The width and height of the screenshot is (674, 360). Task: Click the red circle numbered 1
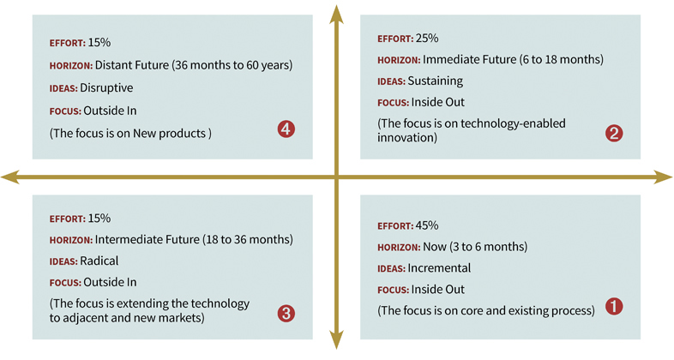[614, 306]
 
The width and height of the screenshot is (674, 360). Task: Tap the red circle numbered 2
[614, 133]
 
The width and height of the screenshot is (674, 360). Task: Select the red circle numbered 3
[286, 314]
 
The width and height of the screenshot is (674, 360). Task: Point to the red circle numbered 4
[286, 129]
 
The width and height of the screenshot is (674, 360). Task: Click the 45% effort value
[427, 225]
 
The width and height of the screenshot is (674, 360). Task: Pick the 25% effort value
[427, 39]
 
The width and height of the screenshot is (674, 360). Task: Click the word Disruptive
[106, 88]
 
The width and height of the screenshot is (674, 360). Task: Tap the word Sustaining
[435, 81]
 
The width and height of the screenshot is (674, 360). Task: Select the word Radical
[99, 261]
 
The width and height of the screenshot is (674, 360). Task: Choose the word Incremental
[439, 268]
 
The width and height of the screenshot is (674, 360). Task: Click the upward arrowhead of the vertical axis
[336, 14]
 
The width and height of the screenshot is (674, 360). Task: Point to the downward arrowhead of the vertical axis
[336, 339]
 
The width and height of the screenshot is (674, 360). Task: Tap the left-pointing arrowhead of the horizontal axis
[10, 177]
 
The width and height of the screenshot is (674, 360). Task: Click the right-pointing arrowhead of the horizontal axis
[663, 177]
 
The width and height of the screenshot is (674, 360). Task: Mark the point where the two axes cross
[336, 177]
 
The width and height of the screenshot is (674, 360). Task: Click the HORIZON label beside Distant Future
[71, 66]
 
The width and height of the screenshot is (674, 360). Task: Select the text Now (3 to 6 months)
[475, 247]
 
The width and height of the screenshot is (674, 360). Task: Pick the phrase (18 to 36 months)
[248, 239]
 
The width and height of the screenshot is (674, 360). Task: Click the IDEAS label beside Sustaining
[391, 81]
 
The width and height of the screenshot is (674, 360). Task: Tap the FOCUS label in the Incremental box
[393, 290]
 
